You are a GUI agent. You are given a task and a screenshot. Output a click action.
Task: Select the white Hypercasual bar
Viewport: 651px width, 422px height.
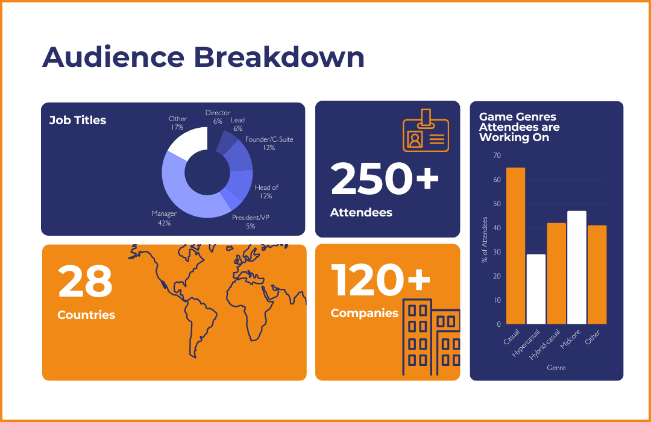pyautogui.click(x=536, y=289)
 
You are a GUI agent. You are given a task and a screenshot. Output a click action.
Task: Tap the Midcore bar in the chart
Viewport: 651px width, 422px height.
pyautogui.click(x=577, y=268)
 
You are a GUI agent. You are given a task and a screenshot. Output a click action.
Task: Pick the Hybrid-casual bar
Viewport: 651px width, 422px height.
pyautogui.click(x=556, y=274)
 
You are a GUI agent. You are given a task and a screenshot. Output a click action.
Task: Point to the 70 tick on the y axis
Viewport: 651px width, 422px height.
pyautogui.click(x=497, y=156)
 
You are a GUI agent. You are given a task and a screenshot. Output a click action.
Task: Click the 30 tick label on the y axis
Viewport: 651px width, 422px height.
pyautogui.click(x=497, y=252)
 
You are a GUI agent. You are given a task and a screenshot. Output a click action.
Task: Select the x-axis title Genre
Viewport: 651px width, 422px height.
pyautogui.click(x=556, y=367)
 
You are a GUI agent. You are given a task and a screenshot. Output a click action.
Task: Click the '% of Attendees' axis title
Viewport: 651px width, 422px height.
pyautogui.click(x=484, y=240)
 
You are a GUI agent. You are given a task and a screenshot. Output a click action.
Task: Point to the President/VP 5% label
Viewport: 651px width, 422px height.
pyautogui.click(x=250, y=221)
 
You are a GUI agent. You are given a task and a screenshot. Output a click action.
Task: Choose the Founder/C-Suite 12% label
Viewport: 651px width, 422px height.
pyautogui.click(x=269, y=143)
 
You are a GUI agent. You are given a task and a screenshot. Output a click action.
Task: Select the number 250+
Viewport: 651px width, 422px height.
pyautogui.click(x=385, y=180)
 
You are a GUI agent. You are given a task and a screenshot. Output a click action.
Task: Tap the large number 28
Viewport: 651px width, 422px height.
pyautogui.click(x=85, y=282)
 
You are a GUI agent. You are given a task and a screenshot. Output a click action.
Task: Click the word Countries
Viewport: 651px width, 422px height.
pyautogui.click(x=86, y=315)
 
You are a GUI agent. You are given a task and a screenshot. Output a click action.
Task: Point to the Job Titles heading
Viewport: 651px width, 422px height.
pyautogui.click(x=78, y=120)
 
